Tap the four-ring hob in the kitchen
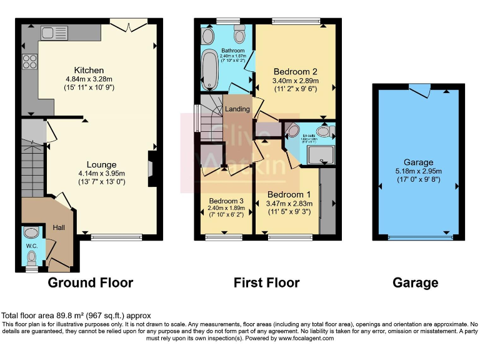pos(29,61)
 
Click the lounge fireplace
pos(152,168)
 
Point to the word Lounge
pos(101,165)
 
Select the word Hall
pos(59,227)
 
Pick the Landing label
pos(237,109)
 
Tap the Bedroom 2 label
pos(295,71)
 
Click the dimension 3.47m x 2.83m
pos(289,203)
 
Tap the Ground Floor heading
pos(91,282)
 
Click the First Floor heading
pos(266,282)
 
